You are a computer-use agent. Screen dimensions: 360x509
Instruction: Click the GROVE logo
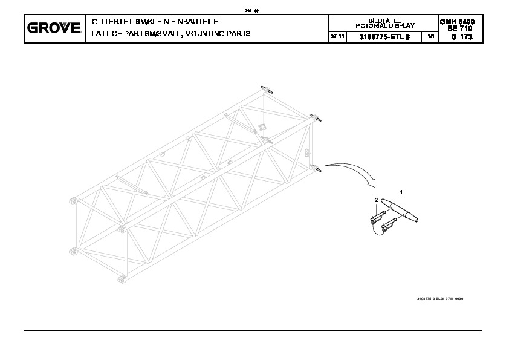(x=54, y=28)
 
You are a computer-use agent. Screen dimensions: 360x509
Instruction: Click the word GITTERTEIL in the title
(x=109, y=22)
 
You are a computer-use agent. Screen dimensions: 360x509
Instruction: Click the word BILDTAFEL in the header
(x=384, y=21)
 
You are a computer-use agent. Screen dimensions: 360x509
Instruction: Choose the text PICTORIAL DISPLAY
(x=384, y=25)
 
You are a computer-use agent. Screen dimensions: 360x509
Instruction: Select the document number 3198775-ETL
(x=382, y=37)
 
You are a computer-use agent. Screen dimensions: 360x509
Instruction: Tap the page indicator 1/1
(x=430, y=37)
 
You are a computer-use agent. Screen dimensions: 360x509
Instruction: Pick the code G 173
(x=460, y=38)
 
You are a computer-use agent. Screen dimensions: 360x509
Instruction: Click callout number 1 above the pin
(x=400, y=191)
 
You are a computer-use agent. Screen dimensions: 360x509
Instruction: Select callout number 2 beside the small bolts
(x=375, y=199)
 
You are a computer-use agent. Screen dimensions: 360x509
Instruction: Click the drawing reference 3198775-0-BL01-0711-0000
(x=444, y=299)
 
